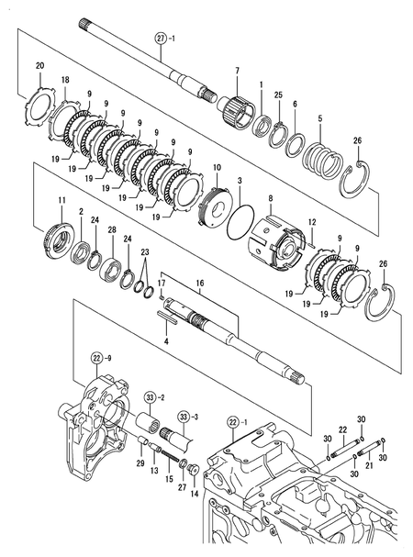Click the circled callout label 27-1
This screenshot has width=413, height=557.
point(163,39)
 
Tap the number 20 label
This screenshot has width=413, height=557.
point(39,65)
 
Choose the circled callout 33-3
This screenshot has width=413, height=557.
point(186,417)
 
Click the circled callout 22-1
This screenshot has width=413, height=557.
point(234,421)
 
